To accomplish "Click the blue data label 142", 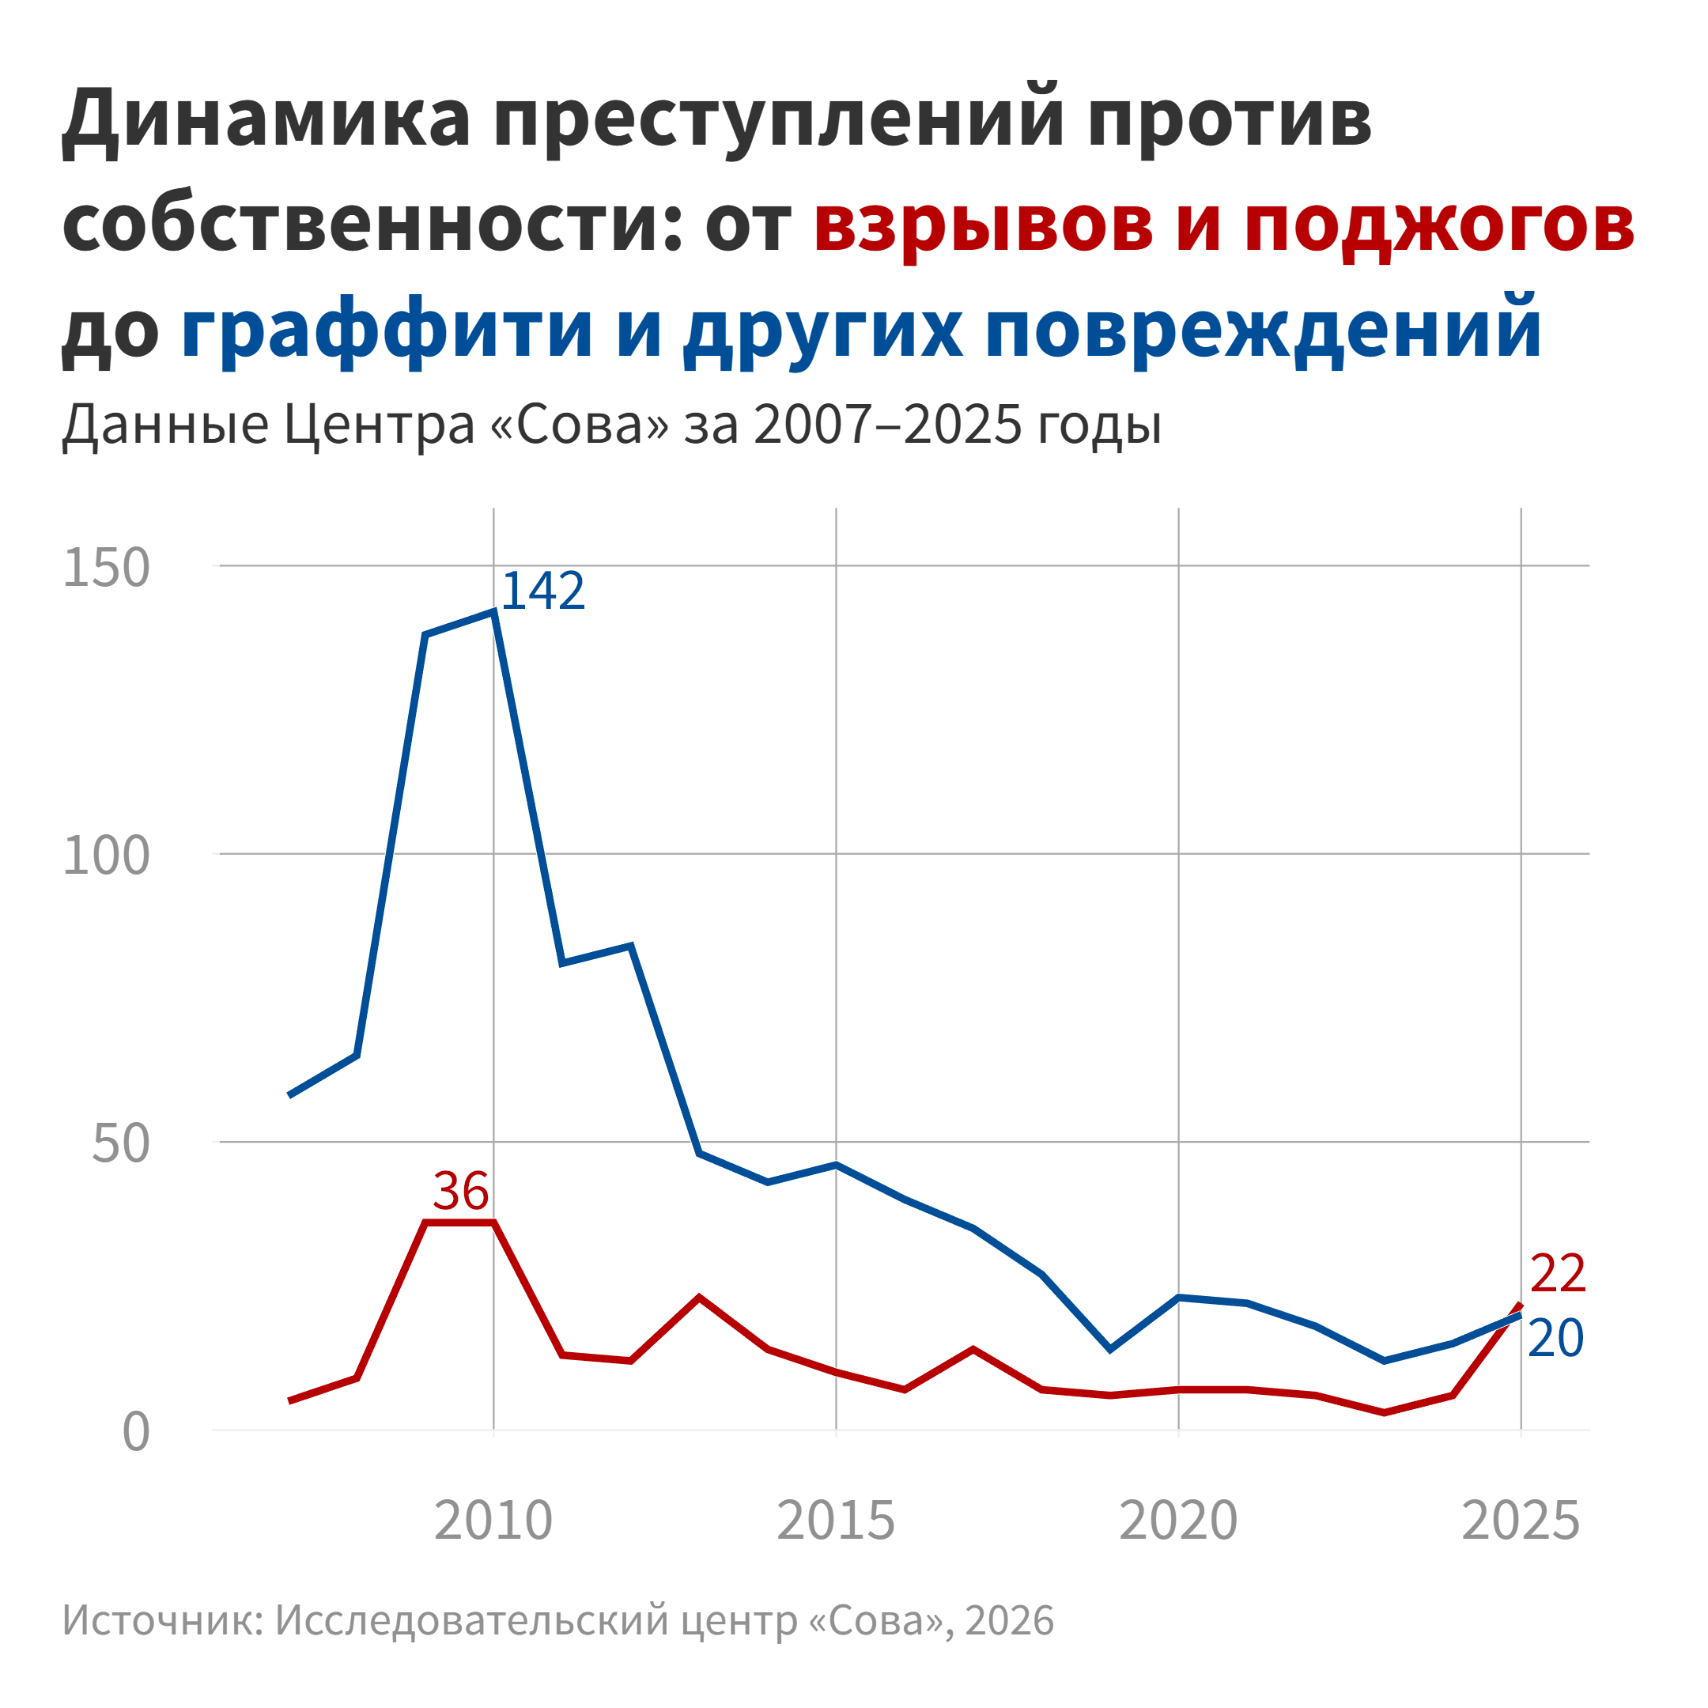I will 542,591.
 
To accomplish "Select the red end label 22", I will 1558,1274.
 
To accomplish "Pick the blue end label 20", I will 1556,1339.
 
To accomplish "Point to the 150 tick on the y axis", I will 106,568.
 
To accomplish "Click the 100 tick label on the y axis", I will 106,856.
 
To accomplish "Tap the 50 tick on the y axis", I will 121,1144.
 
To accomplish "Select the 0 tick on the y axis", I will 136,1432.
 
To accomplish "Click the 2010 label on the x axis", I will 493,1521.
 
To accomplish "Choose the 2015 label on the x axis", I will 836,1521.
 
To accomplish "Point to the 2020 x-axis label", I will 1178,1521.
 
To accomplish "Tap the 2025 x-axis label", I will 1521,1521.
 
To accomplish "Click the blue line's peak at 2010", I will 493,612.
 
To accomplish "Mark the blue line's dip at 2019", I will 1110,1350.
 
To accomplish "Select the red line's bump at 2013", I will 699,1297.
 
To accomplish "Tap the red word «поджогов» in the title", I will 1439,224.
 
